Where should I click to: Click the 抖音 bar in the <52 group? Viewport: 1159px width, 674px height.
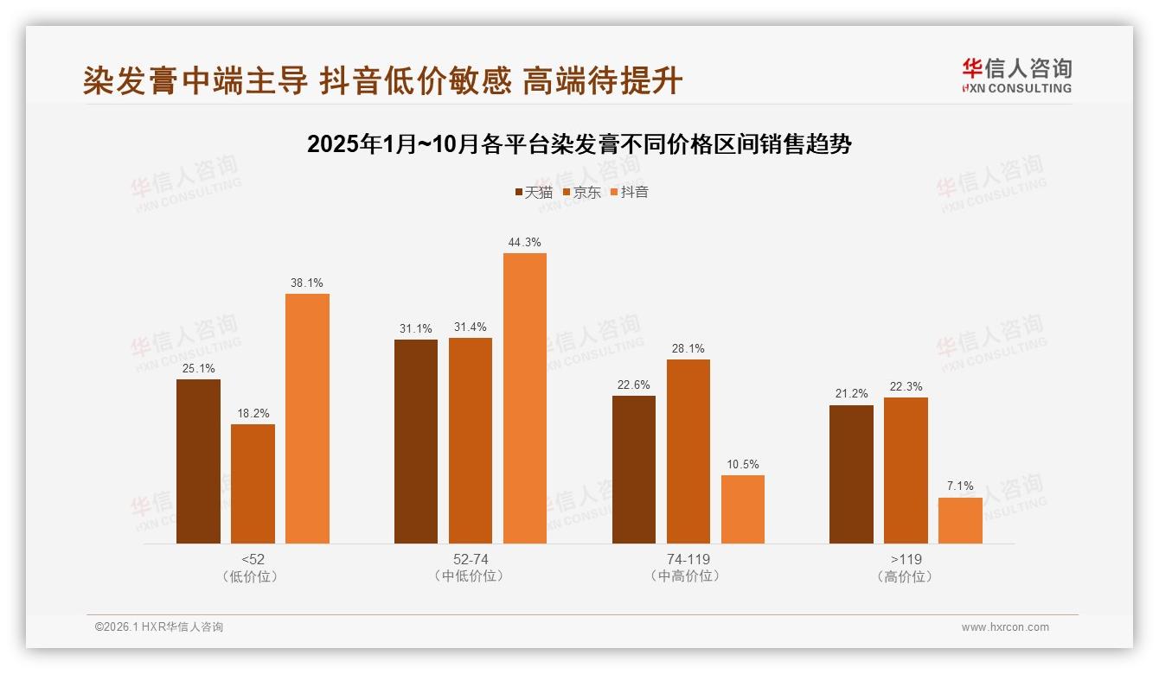[x=307, y=418]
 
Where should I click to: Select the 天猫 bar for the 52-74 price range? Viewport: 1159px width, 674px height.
[x=416, y=442]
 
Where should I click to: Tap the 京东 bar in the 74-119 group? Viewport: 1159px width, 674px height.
[x=688, y=451]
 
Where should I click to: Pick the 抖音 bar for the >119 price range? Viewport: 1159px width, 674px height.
[x=960, y=520]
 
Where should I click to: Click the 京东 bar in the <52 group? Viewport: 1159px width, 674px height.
[x=253, y=483]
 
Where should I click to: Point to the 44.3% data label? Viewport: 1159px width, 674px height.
[x=525, y=243]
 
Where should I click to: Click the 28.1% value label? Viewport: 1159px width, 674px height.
[x=688, y=349]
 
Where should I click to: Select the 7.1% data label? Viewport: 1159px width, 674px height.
[x=960, y=486]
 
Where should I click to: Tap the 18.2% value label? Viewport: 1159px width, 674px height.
[x=253, y=414]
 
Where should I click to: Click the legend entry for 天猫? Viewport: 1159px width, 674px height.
[x=534, y=193]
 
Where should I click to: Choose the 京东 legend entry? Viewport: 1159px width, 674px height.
[x=582, y=193]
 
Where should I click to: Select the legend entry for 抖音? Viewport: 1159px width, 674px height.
[x=630, y=193]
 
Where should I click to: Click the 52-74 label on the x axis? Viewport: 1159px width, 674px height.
[x=471, y=559]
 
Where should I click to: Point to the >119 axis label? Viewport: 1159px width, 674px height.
[x=906, y=559]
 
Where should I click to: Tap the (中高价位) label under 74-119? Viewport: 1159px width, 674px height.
[x=688, y=576]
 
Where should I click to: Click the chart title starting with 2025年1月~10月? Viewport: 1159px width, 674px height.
[x=579, y=144]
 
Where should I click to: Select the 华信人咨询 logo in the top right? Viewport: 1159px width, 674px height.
[x=1016, y=75]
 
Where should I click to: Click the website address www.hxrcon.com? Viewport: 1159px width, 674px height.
[x=1005, y=627]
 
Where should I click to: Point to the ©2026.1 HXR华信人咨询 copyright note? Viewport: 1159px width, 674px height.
[x=159, y=627]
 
